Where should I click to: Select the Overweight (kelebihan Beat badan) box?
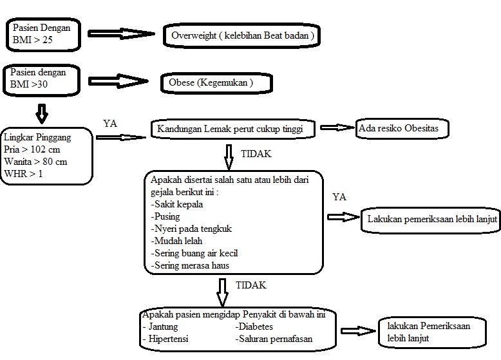pos(241,36)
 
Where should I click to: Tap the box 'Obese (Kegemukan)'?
pos(216,82)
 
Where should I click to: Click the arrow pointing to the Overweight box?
pos(122,35)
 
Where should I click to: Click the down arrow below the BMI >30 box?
pos(41,114)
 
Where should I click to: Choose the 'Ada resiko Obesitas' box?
pos(402,129)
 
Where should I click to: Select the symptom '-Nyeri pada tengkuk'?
pos(191,229)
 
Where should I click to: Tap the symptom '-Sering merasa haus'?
pos(191,265)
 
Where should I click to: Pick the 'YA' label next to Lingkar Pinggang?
pos(110,123)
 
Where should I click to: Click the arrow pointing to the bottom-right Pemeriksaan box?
pos(358,331)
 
